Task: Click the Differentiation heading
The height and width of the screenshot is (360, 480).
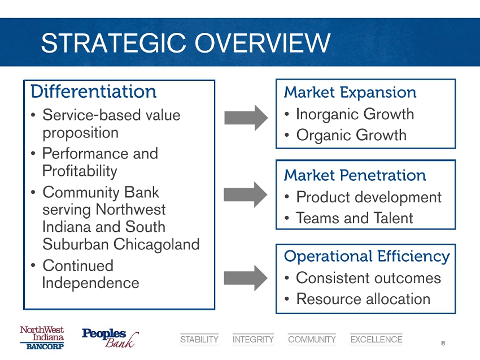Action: tap(93, 92)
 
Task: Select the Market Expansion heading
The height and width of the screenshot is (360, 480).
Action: tap(350, 93)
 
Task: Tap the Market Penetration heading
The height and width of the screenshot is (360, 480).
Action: tap(355, 175)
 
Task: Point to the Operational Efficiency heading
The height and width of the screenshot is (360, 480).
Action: tap(366, 257)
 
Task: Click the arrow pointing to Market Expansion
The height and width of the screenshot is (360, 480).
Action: tap(246, 118)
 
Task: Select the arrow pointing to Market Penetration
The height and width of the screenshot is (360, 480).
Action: tap(246, 194)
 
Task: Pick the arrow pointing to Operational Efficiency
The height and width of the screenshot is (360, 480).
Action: tap(246, 278)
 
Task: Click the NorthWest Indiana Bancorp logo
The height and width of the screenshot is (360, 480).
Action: tap(42, 337)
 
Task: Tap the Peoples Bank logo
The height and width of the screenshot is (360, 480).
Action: tap(110, 338)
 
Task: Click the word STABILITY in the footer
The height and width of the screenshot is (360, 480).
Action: tap(199, 340)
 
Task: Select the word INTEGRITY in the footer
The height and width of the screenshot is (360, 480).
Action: tap(253, 340)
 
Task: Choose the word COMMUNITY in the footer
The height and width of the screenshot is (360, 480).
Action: tap(312, 340)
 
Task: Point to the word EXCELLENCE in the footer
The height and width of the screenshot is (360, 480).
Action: tap(376, 340)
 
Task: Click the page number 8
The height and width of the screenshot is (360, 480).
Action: tap(443, 343)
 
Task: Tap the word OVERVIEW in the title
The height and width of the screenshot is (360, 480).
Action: tap(263, 42)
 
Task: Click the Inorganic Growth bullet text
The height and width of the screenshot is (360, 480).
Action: tap(355, 114)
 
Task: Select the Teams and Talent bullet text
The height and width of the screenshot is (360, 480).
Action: tap(355, 218)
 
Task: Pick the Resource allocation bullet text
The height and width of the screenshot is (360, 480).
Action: tap(363, 299)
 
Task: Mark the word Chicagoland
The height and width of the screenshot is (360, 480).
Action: tap(156, 245)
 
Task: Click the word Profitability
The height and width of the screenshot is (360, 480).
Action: tap(80, 171)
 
